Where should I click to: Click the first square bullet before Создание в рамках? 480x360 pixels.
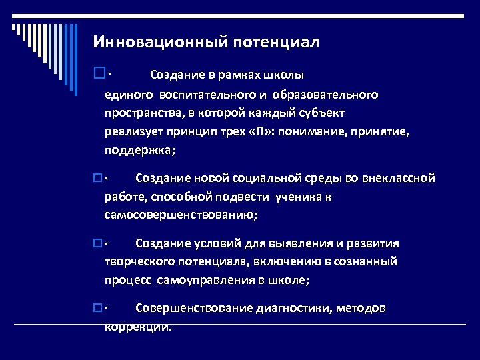99,72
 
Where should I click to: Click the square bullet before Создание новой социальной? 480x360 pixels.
97,178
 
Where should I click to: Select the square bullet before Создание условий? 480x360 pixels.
97,243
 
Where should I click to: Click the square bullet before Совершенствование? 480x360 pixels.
97,308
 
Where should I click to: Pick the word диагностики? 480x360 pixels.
293,308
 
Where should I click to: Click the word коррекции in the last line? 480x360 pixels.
137,327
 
